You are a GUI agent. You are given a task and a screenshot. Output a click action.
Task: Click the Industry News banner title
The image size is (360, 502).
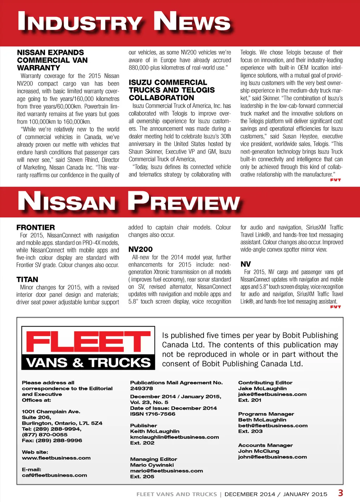124,22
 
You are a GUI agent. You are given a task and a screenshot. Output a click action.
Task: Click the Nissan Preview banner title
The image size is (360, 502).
129,202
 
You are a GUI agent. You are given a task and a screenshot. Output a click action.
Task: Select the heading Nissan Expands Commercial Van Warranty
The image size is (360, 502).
52,60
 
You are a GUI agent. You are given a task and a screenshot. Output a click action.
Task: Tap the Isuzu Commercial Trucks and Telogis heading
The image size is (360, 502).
172,90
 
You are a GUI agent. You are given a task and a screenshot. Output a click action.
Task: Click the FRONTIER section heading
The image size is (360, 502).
36,227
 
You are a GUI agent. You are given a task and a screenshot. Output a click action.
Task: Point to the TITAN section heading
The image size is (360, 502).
27,279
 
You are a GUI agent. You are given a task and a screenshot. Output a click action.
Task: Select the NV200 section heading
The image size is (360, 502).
140,249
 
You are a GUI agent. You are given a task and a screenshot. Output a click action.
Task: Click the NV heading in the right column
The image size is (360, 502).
245,264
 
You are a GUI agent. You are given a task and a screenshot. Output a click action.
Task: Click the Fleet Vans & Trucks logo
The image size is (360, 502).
88,348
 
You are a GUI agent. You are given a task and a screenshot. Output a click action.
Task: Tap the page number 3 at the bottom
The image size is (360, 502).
340,493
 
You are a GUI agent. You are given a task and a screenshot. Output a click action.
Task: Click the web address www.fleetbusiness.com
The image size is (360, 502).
56,458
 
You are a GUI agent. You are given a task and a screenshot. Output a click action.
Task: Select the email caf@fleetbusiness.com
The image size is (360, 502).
54,475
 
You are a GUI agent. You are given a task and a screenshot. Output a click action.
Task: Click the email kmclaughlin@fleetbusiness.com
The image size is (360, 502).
174,437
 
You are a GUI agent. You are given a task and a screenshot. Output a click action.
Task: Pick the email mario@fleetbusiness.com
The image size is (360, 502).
166,471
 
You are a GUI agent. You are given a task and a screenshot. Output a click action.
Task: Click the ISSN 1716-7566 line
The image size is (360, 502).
153,414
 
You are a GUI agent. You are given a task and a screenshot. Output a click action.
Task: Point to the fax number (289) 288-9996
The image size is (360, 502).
52,440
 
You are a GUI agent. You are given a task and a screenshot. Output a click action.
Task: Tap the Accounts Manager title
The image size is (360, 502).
265,445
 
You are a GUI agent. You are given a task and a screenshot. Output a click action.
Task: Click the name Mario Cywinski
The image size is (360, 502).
152,465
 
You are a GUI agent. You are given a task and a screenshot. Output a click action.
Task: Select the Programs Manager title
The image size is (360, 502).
266,414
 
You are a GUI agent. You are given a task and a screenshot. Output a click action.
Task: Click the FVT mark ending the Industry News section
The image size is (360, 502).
335,180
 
